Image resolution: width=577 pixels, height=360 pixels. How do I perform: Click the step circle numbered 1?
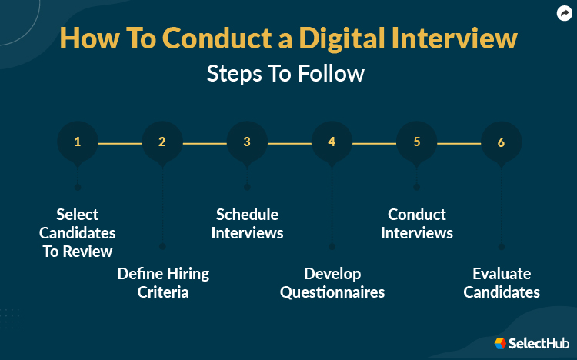(78, 142)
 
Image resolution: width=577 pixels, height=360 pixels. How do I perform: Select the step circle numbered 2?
(162, 142)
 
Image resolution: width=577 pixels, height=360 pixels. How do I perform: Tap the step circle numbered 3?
(247, 142)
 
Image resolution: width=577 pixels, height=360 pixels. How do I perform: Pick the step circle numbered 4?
(332, 142)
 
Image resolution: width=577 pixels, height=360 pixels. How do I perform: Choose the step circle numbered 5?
(416, 142)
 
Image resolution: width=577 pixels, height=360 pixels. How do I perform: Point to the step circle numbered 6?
(501, 142)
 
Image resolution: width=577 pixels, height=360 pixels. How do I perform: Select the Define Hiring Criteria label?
(163, 283)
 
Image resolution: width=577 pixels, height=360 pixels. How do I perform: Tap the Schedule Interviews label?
(247, 223)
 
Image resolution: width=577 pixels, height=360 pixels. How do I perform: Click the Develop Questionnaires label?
(332, 283)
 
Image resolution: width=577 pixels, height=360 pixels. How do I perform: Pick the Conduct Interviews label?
(417, 223)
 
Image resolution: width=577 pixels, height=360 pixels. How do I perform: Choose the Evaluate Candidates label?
(502, 283)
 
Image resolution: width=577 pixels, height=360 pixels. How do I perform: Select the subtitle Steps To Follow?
(285, 74)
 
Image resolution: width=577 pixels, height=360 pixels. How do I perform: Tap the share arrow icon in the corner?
(562, 13)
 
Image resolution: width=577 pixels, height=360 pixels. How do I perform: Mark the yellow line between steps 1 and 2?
(120, 142)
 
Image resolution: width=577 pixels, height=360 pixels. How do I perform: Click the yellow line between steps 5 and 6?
(459, 142)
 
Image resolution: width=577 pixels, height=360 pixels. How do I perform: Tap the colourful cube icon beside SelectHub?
(500, 343)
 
